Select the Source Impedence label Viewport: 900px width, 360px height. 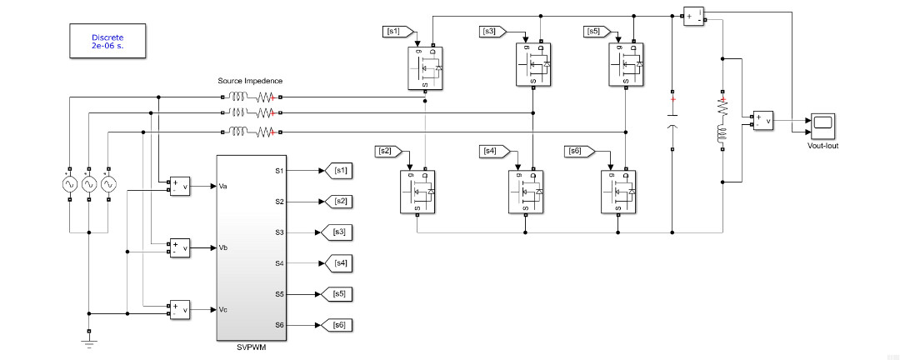coord(250,81)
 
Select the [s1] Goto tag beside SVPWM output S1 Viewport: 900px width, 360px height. coord(340,171)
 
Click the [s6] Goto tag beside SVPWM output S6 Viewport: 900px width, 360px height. coord(340,324)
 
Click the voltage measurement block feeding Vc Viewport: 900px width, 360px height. coord(180,309)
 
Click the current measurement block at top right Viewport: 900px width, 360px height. coord(693,17)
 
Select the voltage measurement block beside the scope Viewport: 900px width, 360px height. coord(762,122)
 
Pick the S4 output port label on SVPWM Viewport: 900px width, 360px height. coord(280,263)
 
